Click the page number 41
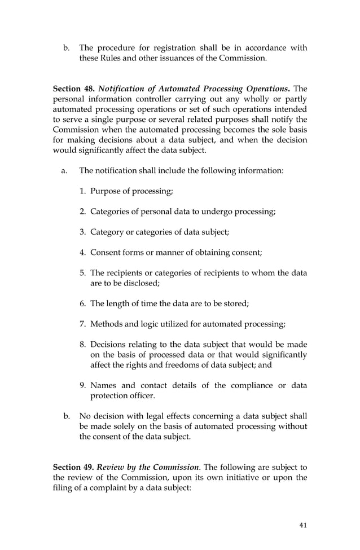coord(303,525)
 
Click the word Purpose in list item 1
coord(106,191)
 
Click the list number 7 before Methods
coord(82,324)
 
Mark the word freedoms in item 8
coord(217,365)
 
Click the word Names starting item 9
coord(103,385)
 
